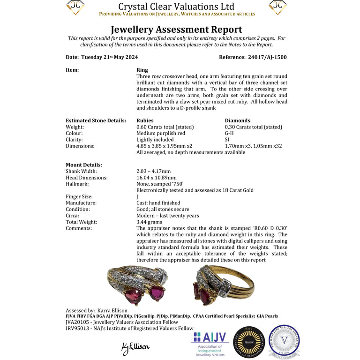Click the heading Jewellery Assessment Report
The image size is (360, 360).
176,30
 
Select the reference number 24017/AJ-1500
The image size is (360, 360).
267,57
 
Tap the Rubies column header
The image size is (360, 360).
145,120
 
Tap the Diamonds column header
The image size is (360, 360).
237,120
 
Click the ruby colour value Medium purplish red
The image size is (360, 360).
161,133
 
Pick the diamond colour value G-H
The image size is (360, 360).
230,133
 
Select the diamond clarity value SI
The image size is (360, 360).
227,140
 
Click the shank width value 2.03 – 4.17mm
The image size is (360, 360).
154,172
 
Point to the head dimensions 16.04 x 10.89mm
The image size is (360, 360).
157,178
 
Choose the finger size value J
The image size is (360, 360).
137,197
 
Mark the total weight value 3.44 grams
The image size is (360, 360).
149,222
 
